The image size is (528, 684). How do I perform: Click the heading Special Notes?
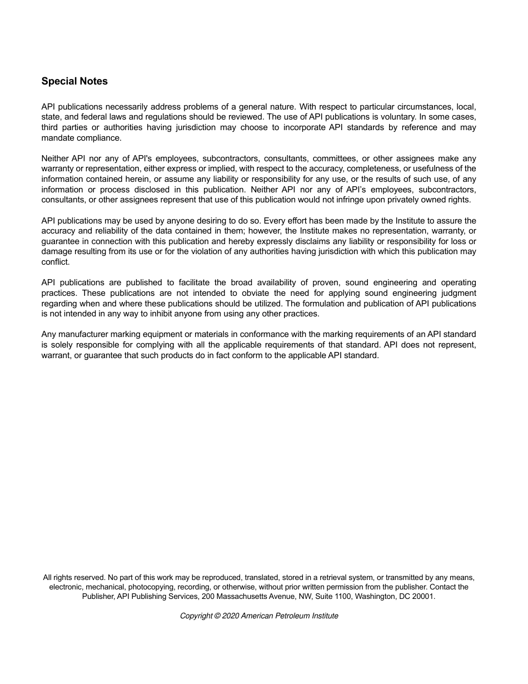(74, 81)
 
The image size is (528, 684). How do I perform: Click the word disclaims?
(313, 241)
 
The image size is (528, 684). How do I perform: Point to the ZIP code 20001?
(424, 596)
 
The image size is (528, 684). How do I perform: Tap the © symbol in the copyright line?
(217, 616)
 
